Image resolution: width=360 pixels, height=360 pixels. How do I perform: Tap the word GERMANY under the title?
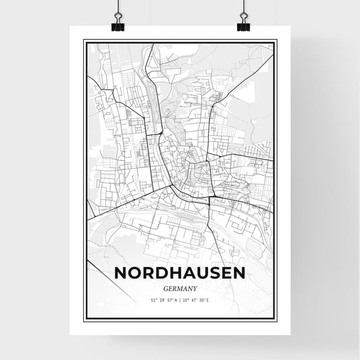pyautogui.click(x=180, y=287)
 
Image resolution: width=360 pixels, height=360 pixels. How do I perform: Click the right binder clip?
pyautogui.click(x=243, y=25)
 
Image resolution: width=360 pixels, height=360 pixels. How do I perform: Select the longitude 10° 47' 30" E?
pyautogui.click(x=199, y=300)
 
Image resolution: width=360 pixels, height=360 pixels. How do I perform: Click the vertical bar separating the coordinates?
pyautogui.click(x=180, y=300)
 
